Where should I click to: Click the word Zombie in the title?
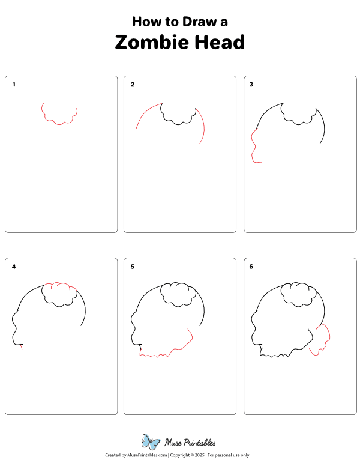(152, 42)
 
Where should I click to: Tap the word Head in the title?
(220, 42)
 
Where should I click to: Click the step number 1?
(14, 85)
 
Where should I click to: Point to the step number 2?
(133, 85)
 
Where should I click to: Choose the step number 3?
(251, 85)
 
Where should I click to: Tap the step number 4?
(14, 267)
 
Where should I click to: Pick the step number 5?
(133, 267)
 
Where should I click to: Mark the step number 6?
(251, 267)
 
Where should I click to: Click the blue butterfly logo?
(150, 441)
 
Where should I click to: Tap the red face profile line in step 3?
(254, 145)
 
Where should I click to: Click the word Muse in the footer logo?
(173, 443)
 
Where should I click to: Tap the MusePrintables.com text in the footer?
(147, 455)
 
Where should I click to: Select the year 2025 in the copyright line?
(200, 455)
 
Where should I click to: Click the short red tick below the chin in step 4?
(22, 347)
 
